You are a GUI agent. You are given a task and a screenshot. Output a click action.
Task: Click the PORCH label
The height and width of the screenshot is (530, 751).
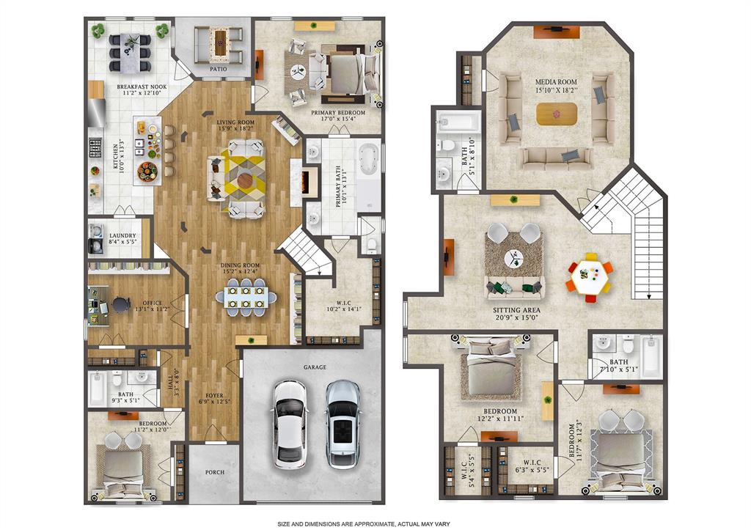[x=213, y=472]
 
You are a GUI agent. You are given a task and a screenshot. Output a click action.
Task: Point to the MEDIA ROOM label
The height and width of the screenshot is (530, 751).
[x=556, y=82]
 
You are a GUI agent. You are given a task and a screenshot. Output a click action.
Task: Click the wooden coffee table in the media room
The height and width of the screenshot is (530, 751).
[x=557, y=114]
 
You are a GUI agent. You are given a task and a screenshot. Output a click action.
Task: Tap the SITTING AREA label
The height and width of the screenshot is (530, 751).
[x=517, y=310]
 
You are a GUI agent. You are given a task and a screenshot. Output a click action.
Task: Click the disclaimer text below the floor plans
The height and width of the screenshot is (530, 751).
[x=375, y=523]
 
